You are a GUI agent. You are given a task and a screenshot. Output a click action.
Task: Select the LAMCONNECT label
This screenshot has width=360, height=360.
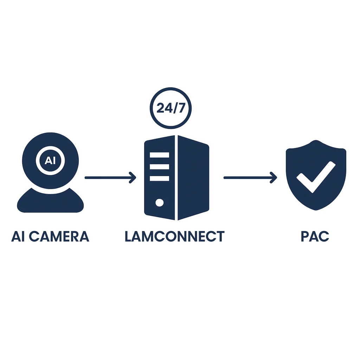(x=174, y=236)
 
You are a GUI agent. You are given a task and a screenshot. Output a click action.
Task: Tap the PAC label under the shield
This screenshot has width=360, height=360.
(x=315, y=236)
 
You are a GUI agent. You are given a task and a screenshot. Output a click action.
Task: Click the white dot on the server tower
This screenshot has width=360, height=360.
(x=159, y=202)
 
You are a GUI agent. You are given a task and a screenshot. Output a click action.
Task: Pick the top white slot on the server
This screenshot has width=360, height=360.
(x=159, y=155)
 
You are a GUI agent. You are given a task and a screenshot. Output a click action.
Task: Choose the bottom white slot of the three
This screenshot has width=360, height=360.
(x=159, y=178)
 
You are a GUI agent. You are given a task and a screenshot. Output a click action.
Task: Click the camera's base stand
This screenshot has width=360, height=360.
(x=50, y=202)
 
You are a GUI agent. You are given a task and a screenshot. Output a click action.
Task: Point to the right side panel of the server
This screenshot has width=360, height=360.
(x=193, y=178)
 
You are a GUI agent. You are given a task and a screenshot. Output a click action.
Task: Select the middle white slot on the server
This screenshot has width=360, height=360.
(x=159, y=167)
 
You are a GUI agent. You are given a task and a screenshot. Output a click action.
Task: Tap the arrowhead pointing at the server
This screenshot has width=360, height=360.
(x=133, y=178)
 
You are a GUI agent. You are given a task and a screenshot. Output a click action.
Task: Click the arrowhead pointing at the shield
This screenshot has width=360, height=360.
(x=274, y=178)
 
